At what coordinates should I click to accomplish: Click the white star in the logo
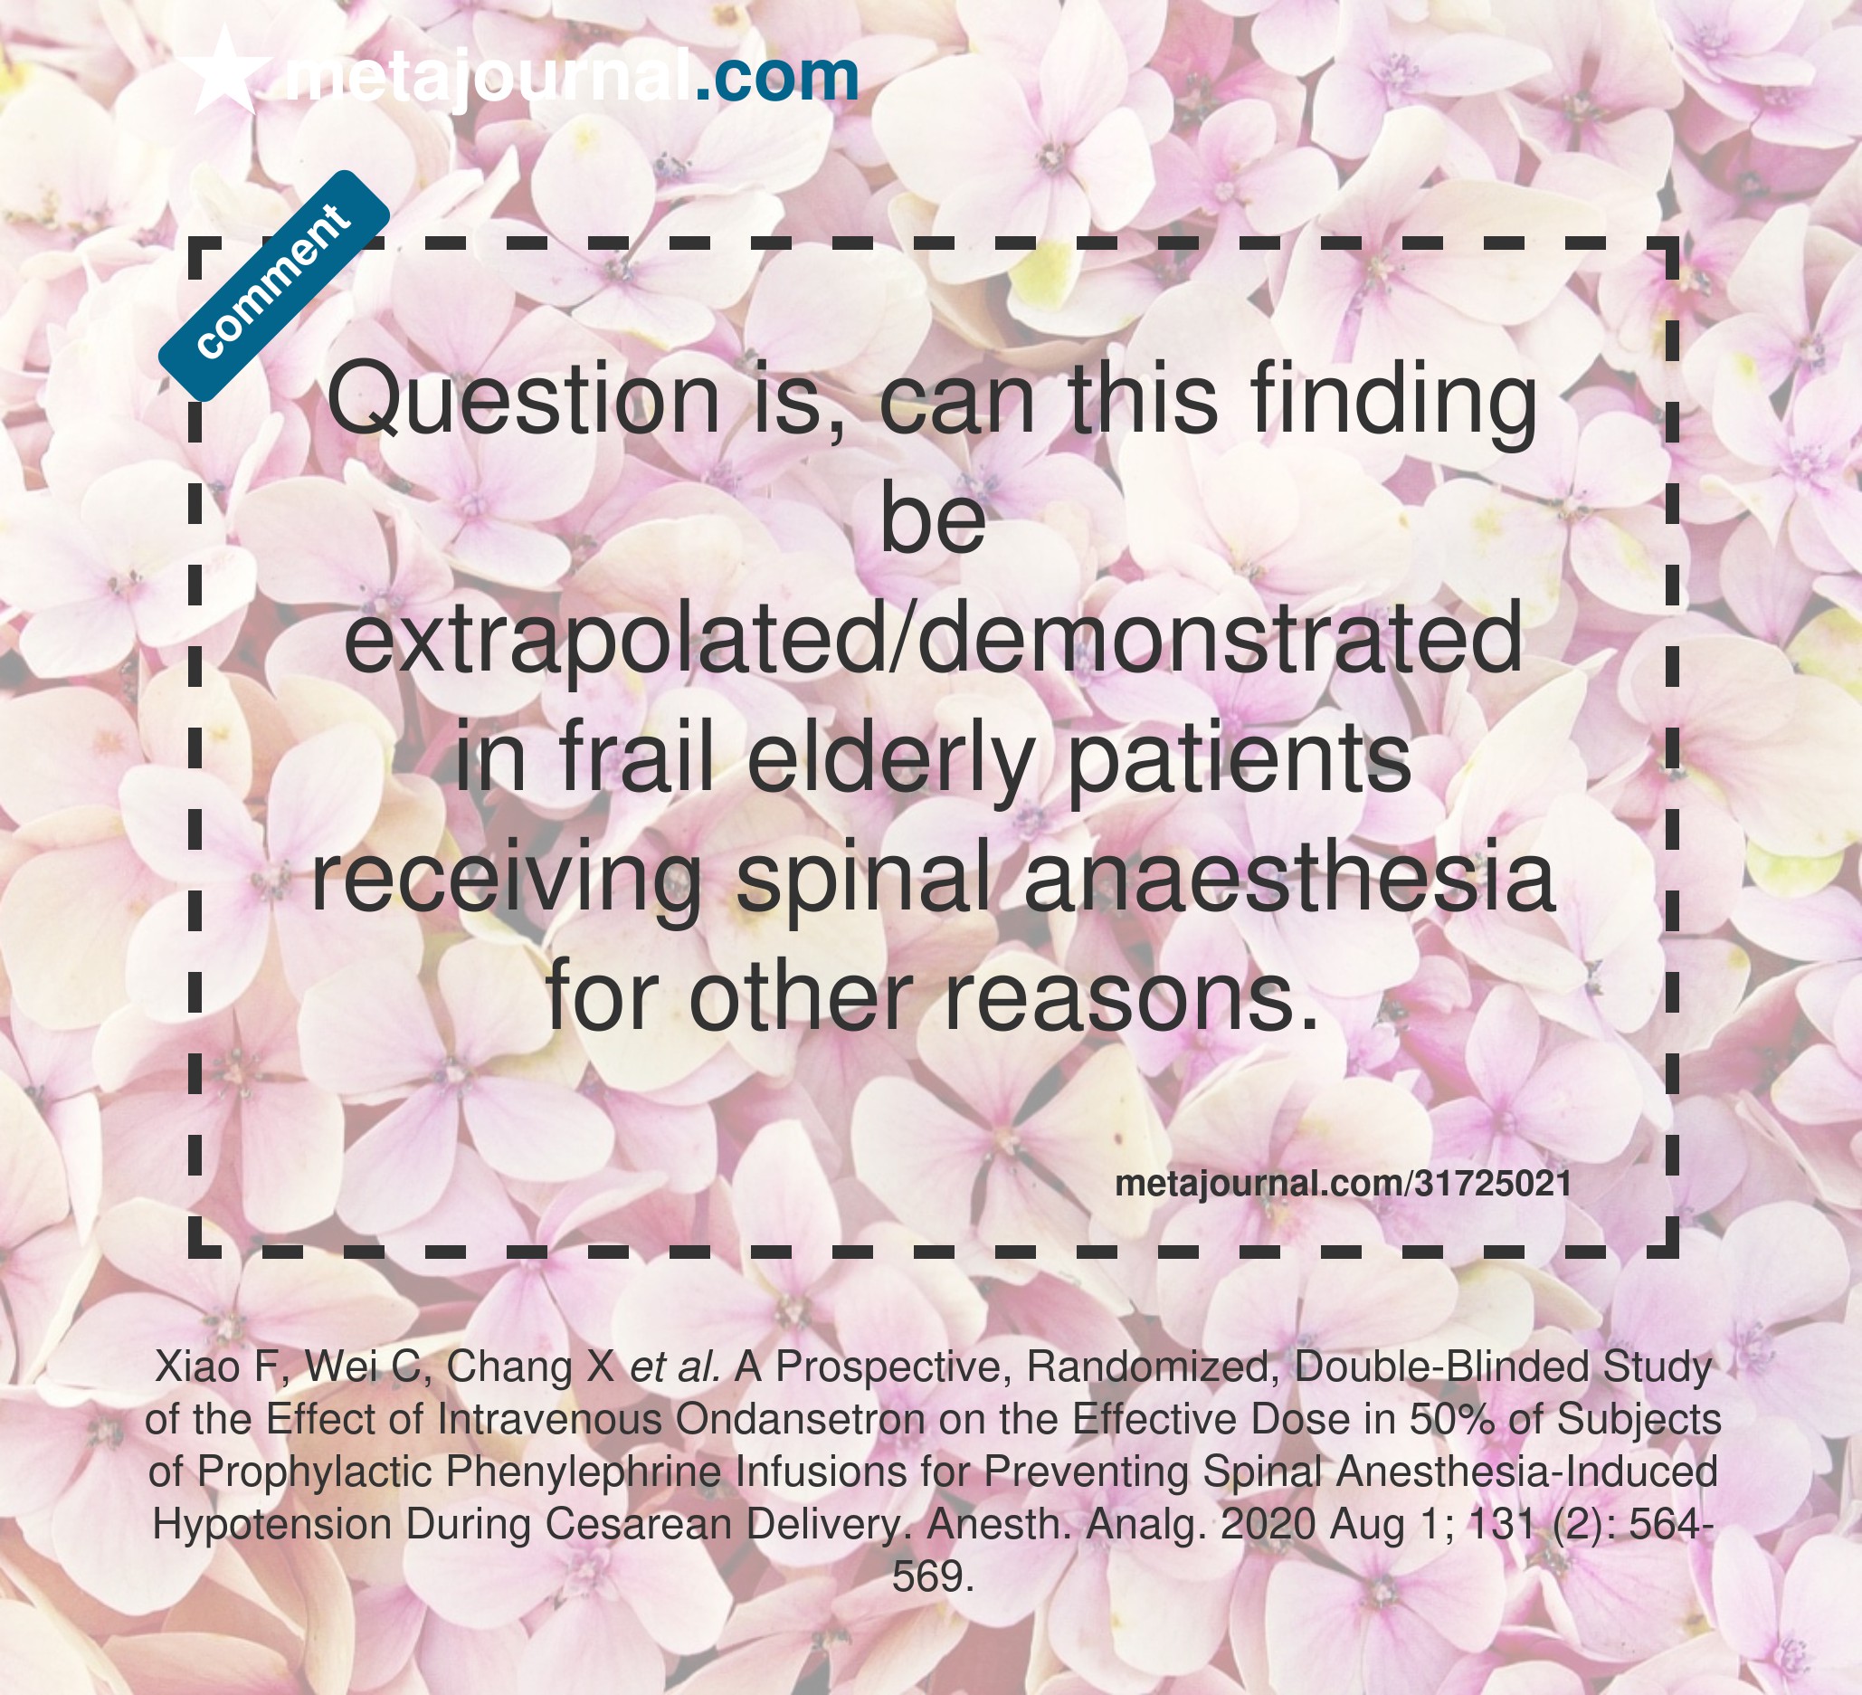223,72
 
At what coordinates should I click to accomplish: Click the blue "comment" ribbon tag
273,286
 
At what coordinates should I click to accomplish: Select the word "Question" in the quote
524,401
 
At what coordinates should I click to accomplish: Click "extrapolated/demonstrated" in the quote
933,638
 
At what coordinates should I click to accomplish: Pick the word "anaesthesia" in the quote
1290,879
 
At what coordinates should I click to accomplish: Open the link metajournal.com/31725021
1343,1185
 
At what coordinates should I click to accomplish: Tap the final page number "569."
933,1576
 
